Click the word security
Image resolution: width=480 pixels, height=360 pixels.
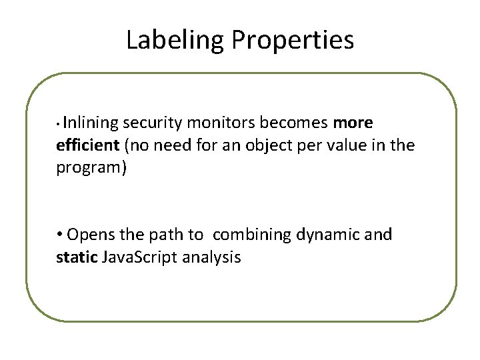tap(152, 123)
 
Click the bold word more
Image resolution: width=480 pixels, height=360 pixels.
tap(353, 123)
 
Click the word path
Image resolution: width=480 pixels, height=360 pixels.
tap(169, 235)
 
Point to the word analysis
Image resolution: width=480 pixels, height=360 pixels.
tap(205, 257)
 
